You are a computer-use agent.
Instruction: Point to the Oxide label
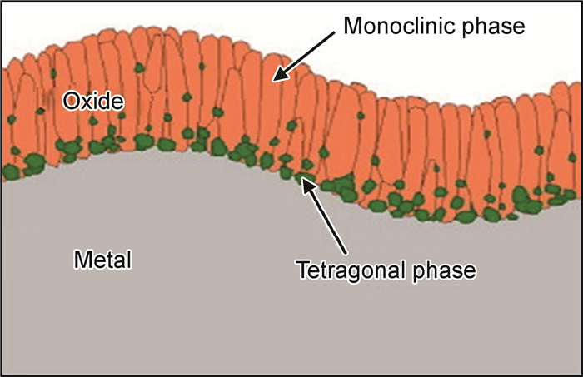pos(93,102)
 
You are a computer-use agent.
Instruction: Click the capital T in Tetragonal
pos(302,270)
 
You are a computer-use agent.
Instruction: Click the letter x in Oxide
pos(87,102)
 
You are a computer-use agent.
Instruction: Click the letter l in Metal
pos(128,260)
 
